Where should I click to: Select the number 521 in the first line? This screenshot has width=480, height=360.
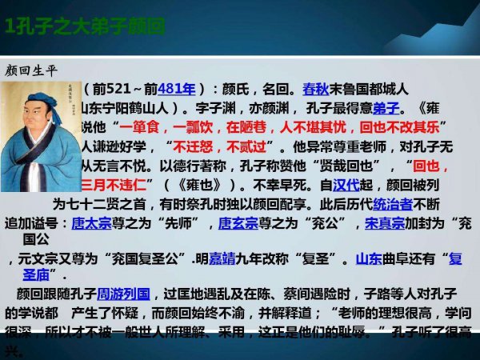(x=131, y=88)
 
